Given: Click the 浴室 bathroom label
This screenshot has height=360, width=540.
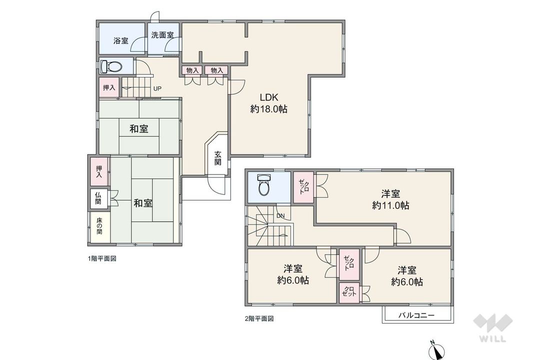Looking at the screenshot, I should pos(120,40).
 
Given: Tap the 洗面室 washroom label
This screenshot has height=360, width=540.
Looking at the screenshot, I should pos(162,35).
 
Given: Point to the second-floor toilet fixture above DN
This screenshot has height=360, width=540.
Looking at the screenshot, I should pos(263,184).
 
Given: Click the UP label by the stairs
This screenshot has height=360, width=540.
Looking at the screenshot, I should pos(157,89).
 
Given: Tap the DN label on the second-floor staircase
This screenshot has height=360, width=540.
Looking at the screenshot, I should pos(280,216).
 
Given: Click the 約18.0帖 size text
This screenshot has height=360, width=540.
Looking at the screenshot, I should pos(268,109).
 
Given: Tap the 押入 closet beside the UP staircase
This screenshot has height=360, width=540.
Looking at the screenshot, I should pos(108,87).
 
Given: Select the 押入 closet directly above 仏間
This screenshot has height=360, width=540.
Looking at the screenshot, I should pos(99,171).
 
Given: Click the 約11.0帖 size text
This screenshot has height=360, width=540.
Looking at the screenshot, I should pos(390,205).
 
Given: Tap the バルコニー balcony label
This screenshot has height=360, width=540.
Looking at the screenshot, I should pos(416,315).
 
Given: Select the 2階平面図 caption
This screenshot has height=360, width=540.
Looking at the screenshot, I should pos(258,318).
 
